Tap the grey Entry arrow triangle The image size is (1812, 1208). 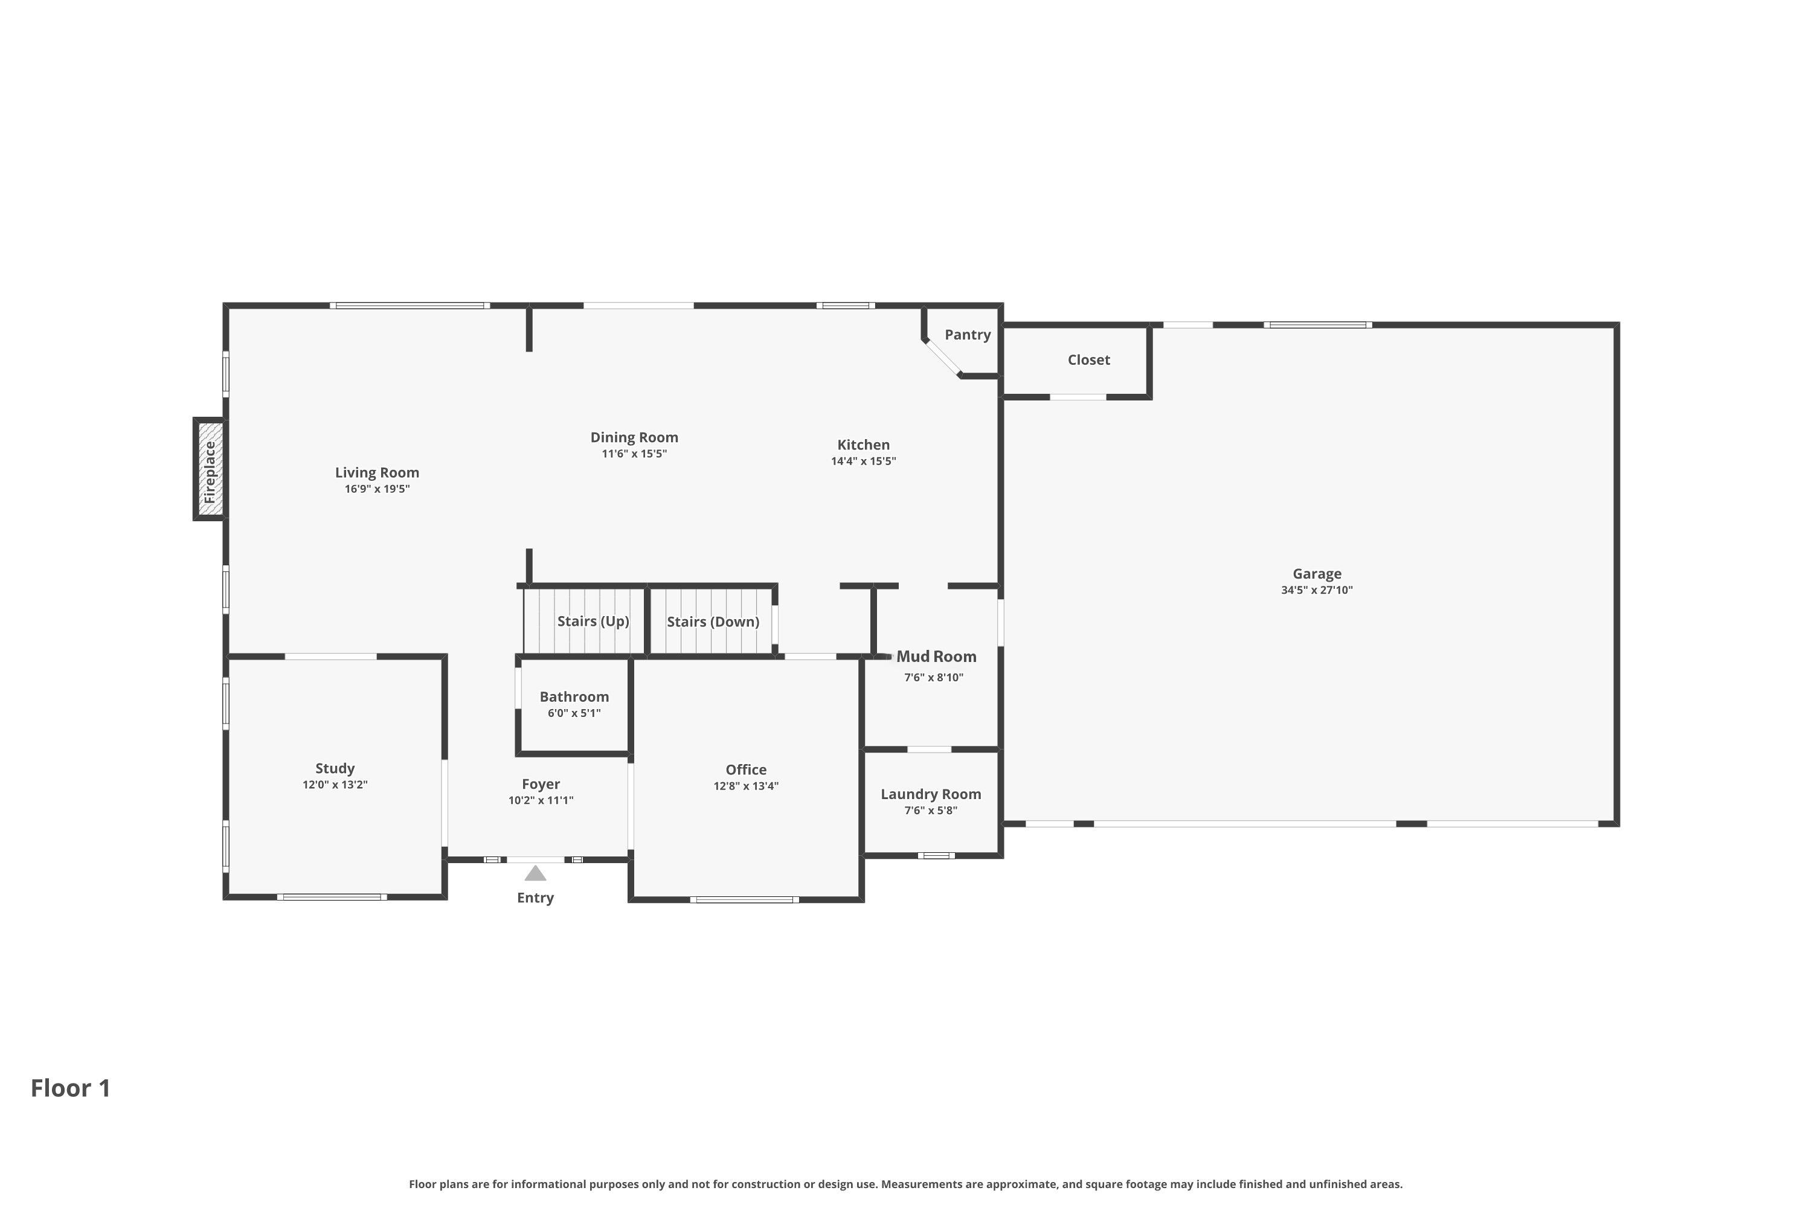pyautogui.click(x=535, y=873)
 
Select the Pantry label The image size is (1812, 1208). pyautogui.click(x=968, y=335)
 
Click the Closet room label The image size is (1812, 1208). pyautogui.click(x=1088, y=360)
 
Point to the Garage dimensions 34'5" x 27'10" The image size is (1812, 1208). pyautogui.click(x=1317, y=590)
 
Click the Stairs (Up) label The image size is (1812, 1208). pyautogui.click(x=593, y=621)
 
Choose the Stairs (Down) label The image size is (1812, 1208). pyautogui.click(x=713, y=622)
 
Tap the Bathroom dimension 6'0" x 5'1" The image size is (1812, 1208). pyautogui.click(x=574, y=713)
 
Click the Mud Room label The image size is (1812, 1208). pyautogui.click(x=936, y=657)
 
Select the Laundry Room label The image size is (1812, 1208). pyautogui.click(x=931, y=794)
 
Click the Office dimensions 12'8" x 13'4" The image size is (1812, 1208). pyautogui.click(x=746, y=786)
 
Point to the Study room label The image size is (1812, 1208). pyautogui.click(x=335, y=768)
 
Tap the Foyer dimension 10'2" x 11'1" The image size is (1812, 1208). pyautogui.click(x=541, y=800)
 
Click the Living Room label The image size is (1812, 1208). pyautogui.click(x=377, y=472)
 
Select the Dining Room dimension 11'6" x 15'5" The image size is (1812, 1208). pyautogui.click(x=634, y=454)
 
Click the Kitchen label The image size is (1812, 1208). pyautogui.click(x=863, y=445)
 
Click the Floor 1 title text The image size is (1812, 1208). pyautogui.click(x=71, y=1088)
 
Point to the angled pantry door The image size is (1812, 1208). pyautogui.click(x=943, y=358)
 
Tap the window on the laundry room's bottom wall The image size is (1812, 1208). pyautogui.click(x=936, y=855)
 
